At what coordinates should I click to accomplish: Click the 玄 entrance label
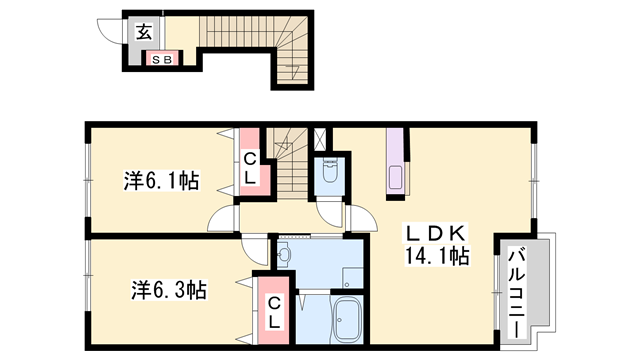tap(144, 32)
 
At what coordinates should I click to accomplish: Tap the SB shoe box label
tap(162, 60)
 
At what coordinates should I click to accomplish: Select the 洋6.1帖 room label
tap(162, 181)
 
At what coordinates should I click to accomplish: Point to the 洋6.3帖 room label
tap(169, 290)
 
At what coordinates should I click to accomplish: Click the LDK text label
tap(436, 233)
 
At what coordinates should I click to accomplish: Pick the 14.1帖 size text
tap(437, 256)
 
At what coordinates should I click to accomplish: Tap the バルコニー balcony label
tap(517, 293)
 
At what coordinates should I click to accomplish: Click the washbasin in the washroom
tap(284, 255)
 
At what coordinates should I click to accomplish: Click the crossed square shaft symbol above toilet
tap(320, 139)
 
